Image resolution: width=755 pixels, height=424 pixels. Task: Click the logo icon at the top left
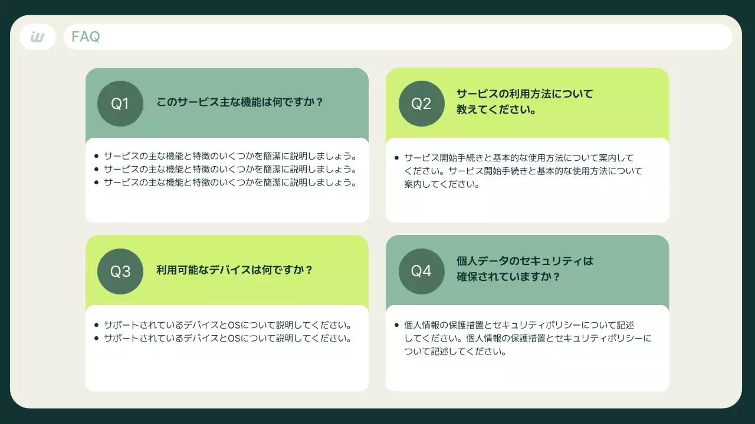pos(38,37)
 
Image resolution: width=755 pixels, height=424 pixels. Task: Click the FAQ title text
pos(86,37)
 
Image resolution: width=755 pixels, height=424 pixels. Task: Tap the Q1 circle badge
pos(120,104)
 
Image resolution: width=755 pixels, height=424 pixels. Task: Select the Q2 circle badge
pos(421,104)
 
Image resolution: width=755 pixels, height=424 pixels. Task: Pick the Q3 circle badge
pos(120,271)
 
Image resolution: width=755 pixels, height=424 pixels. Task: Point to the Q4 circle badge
pos(421,271)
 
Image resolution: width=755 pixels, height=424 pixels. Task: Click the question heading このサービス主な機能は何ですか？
pos(240,102)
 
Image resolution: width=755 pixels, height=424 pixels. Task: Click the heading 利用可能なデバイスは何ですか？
pos(234,270)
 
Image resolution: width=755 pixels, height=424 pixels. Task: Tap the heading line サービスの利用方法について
pos(524,94)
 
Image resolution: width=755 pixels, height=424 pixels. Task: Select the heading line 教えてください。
pos(496,110)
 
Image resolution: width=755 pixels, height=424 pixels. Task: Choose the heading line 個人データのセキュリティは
pos(524,261)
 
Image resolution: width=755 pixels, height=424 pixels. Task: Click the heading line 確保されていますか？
pos(508,277)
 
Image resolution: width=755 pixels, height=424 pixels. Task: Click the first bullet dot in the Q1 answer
pos(96,156)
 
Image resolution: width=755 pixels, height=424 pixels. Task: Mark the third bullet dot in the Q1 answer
pos(96,183)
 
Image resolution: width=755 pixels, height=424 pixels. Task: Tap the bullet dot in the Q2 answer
pos(397,158)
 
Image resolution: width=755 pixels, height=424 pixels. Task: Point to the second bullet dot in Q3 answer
pos(96,339)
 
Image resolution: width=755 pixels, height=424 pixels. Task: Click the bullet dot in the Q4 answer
pos(397,325)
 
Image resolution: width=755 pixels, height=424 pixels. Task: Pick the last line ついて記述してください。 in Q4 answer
pos(455,352)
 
